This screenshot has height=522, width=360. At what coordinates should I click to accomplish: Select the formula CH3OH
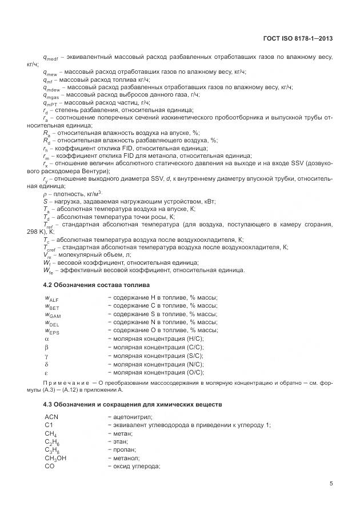pyautogui.click(x=55, y=458)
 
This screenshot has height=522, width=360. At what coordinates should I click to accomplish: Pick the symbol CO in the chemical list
pyautogui.click(x=49, y=466)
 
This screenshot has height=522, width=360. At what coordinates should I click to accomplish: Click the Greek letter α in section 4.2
pyautogui.click(x=47, y=339)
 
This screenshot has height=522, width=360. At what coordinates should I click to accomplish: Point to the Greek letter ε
pyautogui.click(x=46, y=372)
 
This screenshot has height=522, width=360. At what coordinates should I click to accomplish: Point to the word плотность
pyautogui.click(x=70, y=194)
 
